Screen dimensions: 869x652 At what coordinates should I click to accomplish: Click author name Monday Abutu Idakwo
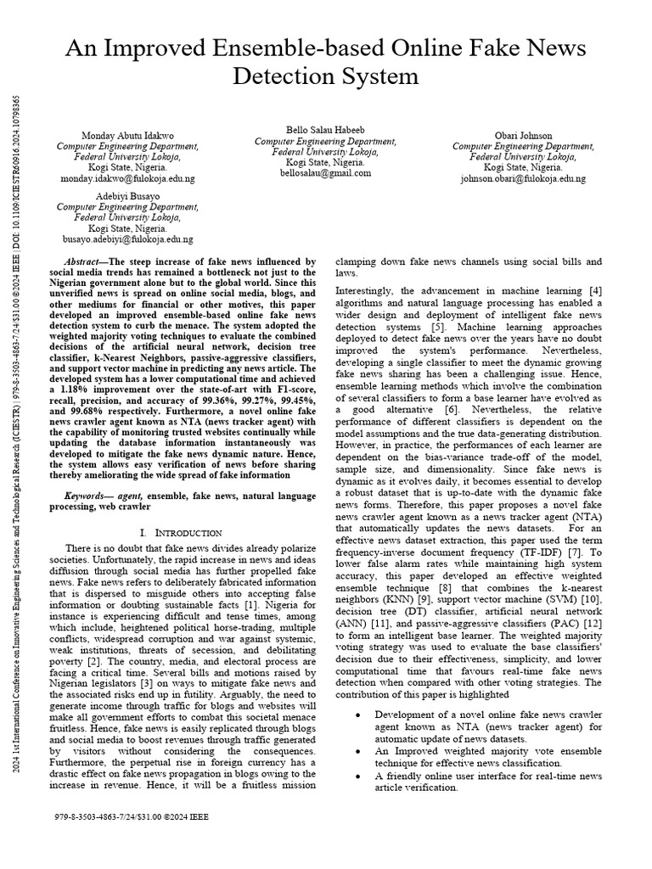[x=128, y=136]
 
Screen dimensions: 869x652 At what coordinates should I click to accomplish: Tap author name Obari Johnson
[x=523, y=136]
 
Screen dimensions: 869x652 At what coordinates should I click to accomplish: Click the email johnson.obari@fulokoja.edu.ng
[x=523, y=179]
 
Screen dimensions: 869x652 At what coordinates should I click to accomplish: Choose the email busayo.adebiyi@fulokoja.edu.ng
[x=128, y=240]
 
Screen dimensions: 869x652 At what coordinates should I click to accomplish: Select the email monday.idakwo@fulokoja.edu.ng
[x=128, y=179]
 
